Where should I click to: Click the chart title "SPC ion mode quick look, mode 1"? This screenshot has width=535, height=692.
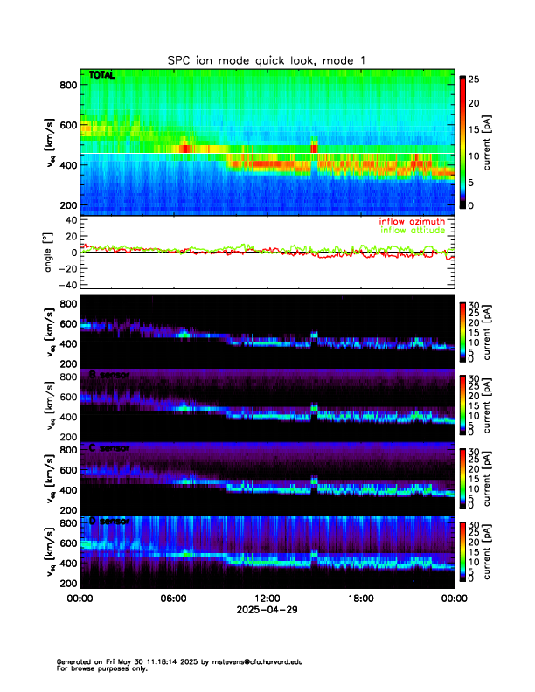[x=267, y=60]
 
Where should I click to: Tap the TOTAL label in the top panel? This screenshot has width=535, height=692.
[x=102, y=76]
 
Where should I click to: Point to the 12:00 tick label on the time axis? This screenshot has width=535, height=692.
[x=267, y=599]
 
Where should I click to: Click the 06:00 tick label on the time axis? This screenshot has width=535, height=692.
[x=173, y=599]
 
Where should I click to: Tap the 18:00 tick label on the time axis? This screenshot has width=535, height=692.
[x=360, y=599]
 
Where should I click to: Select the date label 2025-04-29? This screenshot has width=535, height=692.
[x=267, y=611]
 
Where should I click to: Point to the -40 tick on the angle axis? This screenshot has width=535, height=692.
[x=65, y=284]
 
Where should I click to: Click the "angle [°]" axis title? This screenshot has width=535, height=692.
[x=49, y=252]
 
